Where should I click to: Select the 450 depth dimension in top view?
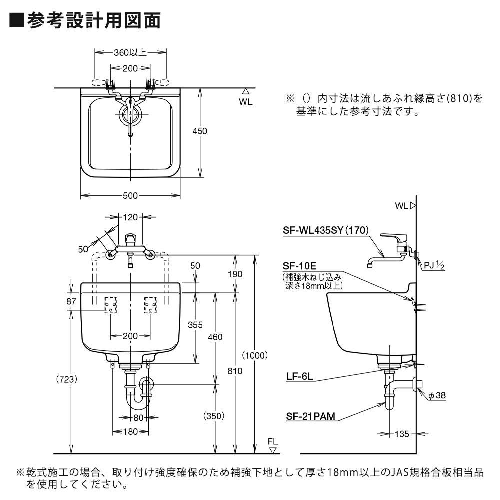point(200,131)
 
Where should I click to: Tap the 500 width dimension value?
point(130,196)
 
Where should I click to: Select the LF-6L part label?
point(300,378)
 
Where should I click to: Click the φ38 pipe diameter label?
point(437,396)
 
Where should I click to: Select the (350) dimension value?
point(213,415)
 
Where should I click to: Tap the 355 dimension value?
point(195,325)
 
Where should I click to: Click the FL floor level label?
point(272,441)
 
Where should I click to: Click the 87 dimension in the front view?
point(71,301)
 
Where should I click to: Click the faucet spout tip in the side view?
point(369,265)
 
